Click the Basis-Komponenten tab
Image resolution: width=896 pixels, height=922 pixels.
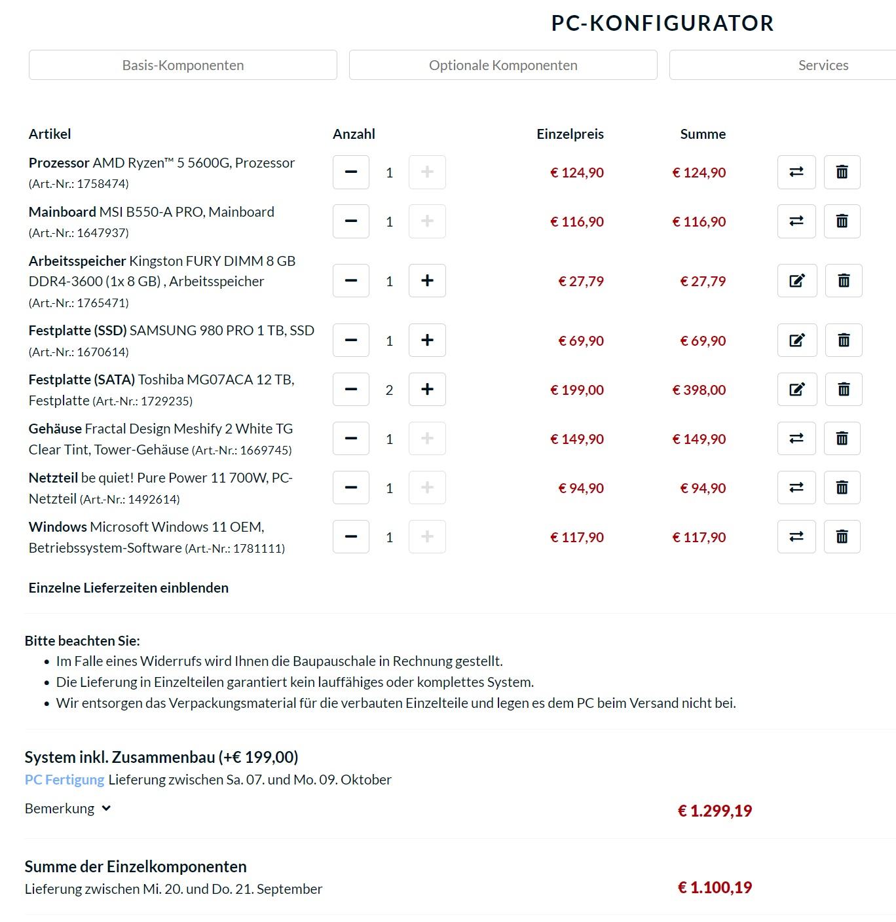(183, 65)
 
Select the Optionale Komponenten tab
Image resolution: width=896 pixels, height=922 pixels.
(503, 65)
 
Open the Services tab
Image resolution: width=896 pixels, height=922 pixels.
(823, 65)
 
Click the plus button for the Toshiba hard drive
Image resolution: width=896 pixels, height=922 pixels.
(427, 390)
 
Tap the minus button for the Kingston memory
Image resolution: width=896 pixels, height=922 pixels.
(351, 281)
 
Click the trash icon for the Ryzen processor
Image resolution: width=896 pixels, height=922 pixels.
(842, 172)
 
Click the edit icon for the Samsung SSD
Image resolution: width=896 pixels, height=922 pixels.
(796, 341)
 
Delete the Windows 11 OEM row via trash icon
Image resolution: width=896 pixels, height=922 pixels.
(842, 537)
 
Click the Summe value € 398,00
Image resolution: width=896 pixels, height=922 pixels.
(699, 390)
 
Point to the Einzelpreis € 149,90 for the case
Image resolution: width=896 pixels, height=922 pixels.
(577, 439)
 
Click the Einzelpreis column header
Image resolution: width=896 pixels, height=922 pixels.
(570, 134)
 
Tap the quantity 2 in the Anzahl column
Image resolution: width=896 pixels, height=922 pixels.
(389, 390)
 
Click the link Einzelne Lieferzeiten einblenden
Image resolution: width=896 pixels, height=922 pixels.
(128, 588)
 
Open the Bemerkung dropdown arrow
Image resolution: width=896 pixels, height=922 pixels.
(106, 809)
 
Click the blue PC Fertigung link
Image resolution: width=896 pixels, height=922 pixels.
(64, 780)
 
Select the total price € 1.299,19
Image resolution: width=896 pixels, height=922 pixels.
(715, 811)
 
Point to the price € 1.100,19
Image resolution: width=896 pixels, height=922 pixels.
(715, 888)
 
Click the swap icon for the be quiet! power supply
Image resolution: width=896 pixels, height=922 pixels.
(796, 488)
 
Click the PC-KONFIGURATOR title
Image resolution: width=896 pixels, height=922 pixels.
(662, 24)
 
